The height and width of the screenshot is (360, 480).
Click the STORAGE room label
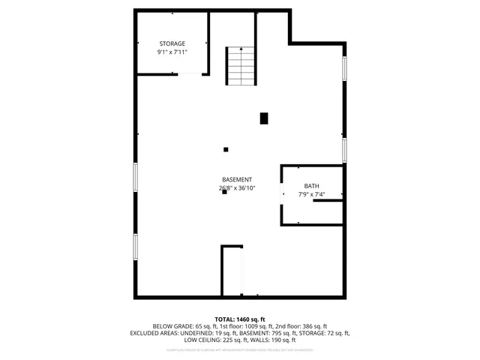point(172,43)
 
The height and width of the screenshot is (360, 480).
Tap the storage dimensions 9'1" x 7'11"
point(172,52)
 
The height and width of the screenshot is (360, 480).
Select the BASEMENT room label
point(236,179)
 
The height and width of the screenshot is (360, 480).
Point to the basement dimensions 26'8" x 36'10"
point(236,188)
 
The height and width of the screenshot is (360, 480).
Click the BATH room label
point(311,186)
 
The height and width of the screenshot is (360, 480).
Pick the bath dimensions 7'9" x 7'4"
point(311,195)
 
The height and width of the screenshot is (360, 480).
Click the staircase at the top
point(241,65)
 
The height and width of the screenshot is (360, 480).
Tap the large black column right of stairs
point(264,118)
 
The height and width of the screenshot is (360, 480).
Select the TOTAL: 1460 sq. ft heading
point(240,319)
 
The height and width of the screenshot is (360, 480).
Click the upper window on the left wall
point(136,176)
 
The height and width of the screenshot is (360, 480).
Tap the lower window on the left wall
point(136,246)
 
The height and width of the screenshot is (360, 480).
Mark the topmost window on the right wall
point(344,69)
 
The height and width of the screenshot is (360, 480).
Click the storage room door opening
point(193,73)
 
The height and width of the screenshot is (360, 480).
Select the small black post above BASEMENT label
point(225,149)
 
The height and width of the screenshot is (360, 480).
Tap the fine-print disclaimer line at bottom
point(240,349)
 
